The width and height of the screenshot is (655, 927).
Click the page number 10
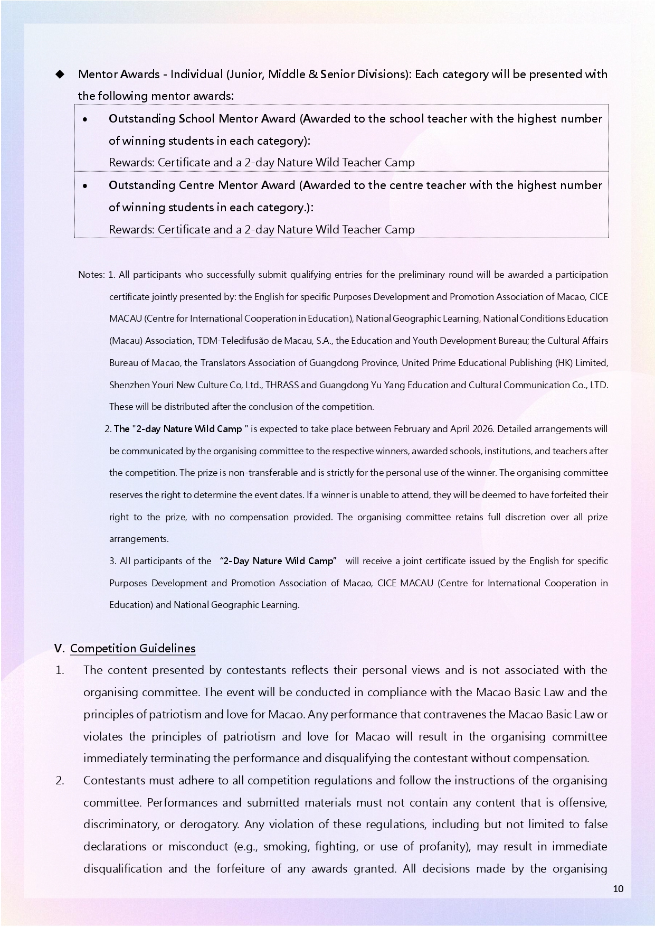[x=618, y=889]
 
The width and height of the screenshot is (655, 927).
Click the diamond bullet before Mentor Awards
[x=60, y=74]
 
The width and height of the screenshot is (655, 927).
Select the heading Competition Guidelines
[x=132, y=649]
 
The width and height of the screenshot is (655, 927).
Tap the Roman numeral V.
[x=59, y=649]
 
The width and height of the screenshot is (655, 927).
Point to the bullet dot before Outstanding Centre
[x=85, y=186]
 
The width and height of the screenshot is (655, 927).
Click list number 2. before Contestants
[x=60, y=781]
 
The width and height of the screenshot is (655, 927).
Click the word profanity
[x=442, y=847]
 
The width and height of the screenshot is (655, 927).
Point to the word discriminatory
[x=125, y=825]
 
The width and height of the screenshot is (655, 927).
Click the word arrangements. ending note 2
[x=139, y=539]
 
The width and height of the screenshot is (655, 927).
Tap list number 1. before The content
[x=60, y=670]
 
